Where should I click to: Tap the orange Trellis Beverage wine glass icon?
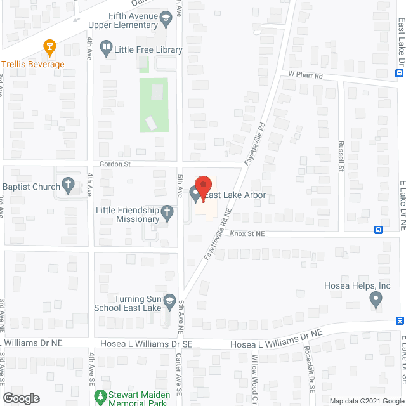click(48, 46)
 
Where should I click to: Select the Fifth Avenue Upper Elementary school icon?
click(167, 20)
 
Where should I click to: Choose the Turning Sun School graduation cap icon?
click(169, 299)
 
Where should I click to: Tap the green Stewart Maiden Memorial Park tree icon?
click(100, 397)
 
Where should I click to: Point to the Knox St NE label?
click(246, 233)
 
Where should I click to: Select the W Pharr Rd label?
click(306, 75)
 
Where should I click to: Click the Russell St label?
click(341, 157)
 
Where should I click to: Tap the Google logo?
click(21, 398)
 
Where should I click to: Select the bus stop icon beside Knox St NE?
click(379, 230)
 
